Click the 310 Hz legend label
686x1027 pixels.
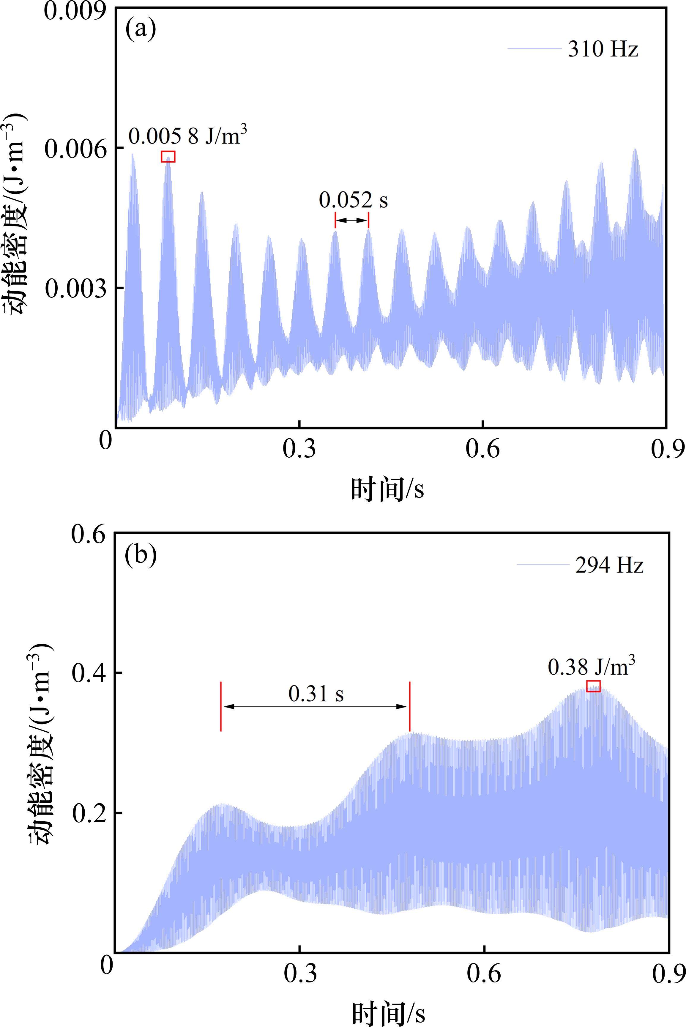tap(603, 49)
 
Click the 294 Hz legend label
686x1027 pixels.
tap(609, 565)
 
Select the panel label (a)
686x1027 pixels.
tap(141, 30)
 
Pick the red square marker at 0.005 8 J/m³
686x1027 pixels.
tap(168, 157)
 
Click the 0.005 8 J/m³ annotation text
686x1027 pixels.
tap(187, 135)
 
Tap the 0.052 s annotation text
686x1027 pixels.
tap(353, 200)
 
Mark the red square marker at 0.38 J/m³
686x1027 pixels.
tap(593, 686)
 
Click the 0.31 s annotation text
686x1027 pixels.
tap(316, 694)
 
